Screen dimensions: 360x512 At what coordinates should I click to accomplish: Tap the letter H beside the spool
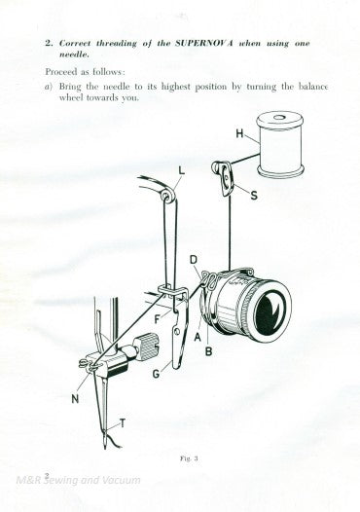[239, 132]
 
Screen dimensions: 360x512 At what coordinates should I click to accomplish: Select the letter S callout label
[255, 195]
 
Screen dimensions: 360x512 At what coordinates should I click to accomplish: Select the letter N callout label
[77, 397]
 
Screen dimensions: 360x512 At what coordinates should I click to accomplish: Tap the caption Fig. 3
[181, 456]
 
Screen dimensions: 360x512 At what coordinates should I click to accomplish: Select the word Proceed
[65, 72]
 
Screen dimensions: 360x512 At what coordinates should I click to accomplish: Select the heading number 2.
[48, 44]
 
